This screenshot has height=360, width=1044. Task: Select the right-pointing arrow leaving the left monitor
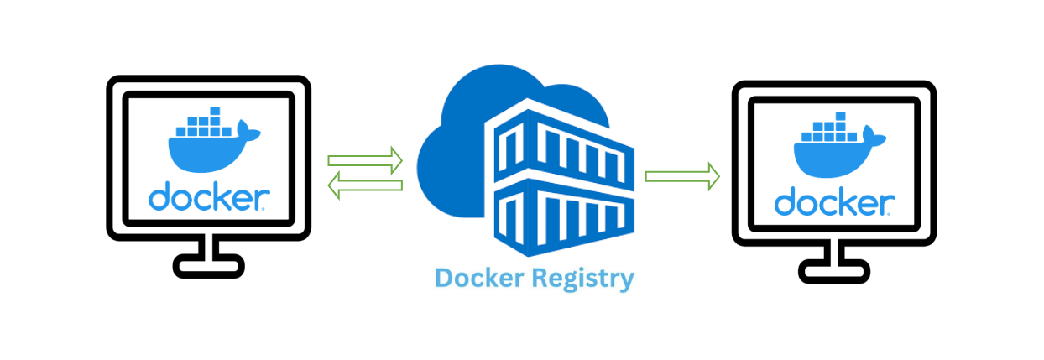(365, 159)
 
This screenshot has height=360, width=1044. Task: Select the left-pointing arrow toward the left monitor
(365, 185)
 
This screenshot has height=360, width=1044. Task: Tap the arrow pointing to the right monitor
(681, 176)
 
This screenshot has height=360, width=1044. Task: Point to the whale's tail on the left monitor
(249, 129)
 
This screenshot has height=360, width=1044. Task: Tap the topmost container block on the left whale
(214, 111)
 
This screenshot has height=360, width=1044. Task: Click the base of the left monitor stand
(209, 268)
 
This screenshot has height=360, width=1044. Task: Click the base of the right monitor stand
(834, 271)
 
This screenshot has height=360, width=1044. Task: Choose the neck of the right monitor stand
(834, 251)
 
